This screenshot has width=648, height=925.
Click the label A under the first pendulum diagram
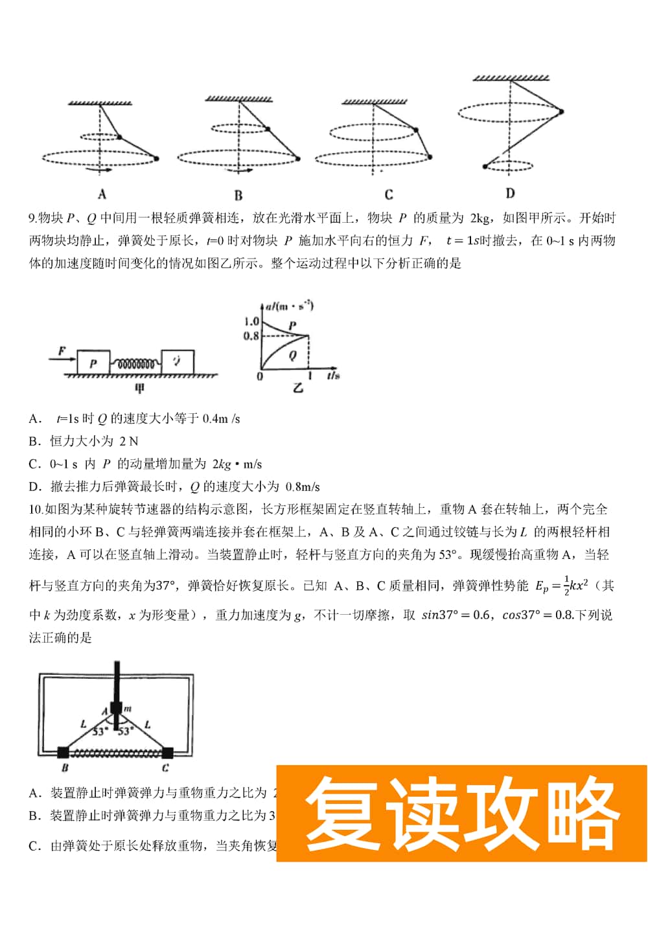point(102,194)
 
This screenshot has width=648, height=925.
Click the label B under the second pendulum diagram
point(238,195)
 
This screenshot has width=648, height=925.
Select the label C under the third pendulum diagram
point(388,194)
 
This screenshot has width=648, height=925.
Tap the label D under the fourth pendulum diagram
point(510,193)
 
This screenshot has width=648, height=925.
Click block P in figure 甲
point(93,363)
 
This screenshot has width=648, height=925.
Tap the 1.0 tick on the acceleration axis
point(251,321)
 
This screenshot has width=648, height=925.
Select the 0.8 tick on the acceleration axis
point(251,336)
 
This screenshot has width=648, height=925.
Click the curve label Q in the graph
point(292,355)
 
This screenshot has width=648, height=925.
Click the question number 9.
point(32,218)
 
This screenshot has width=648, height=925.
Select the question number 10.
point(36,510)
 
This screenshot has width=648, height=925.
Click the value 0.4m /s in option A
point(221,419)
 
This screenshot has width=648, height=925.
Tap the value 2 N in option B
point(128,442)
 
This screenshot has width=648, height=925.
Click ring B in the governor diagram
point(64,753)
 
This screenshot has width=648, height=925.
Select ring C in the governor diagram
point(167,753)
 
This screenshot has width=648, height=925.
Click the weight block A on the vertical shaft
point(116,708)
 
